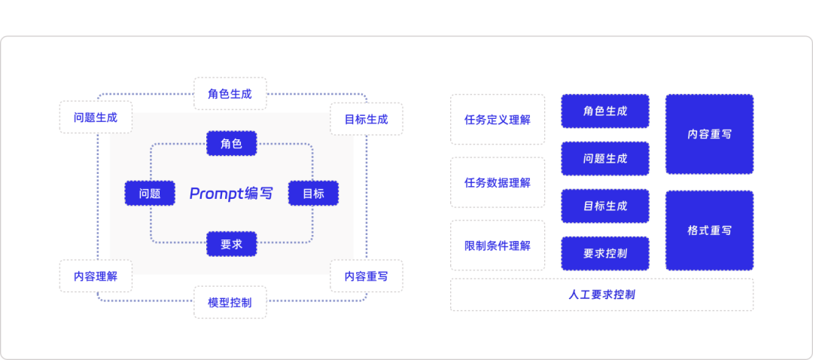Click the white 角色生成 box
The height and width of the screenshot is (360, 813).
tap(230, 94)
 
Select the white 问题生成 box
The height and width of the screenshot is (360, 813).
tap(96, 117)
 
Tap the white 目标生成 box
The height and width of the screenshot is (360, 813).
tap(366, 119)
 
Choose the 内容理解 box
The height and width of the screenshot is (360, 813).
tap(96, 276)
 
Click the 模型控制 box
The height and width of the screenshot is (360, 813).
tap(230, 302)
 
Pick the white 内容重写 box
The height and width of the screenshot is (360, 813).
tap(366, 276)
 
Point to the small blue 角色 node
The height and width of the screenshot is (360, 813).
tap(231, 143)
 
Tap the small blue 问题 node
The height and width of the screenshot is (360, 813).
tap(150, 194)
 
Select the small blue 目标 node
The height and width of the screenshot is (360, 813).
tap(313, 194)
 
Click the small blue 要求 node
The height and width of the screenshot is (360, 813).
tap(231, 244)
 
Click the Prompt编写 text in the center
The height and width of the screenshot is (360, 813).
tap(231, 194)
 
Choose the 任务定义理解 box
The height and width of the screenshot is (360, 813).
tap(498, 119)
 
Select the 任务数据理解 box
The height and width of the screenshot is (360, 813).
tap(498, 182)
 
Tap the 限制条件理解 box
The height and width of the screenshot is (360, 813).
tap(498, 246)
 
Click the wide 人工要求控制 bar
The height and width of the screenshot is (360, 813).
tap(601, 294)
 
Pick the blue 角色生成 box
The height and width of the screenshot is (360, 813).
tap(605, 111)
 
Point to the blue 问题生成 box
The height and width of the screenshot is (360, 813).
tap(605, 158)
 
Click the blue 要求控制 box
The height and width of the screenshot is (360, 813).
tap(605, 253)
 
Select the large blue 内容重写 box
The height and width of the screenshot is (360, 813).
tap(709, 134)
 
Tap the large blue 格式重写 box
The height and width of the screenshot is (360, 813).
tap(709, 230)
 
